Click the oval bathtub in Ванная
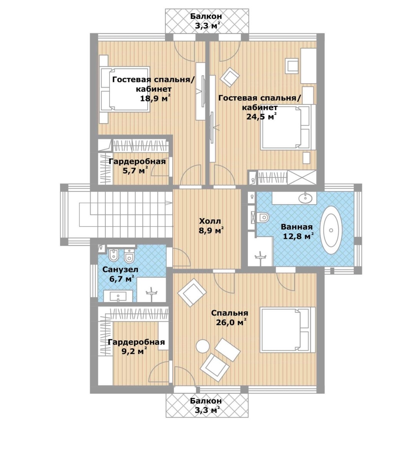coord(331,230)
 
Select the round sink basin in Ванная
coord(306,198)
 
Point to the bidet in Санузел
coord(112,255)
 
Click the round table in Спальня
coord(202,346)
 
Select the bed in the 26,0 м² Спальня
coord(288,330)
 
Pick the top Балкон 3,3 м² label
coord(207,21)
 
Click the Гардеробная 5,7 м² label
coord(137,166)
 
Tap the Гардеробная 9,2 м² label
coord(136,347)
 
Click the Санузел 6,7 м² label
coord(121,274)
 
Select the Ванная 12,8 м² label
coord(297,232)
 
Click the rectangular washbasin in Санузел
coord(118,296)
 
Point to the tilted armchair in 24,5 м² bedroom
coord(230,77)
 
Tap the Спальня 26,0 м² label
coord(230,317)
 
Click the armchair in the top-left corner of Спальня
coord(192,292)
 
